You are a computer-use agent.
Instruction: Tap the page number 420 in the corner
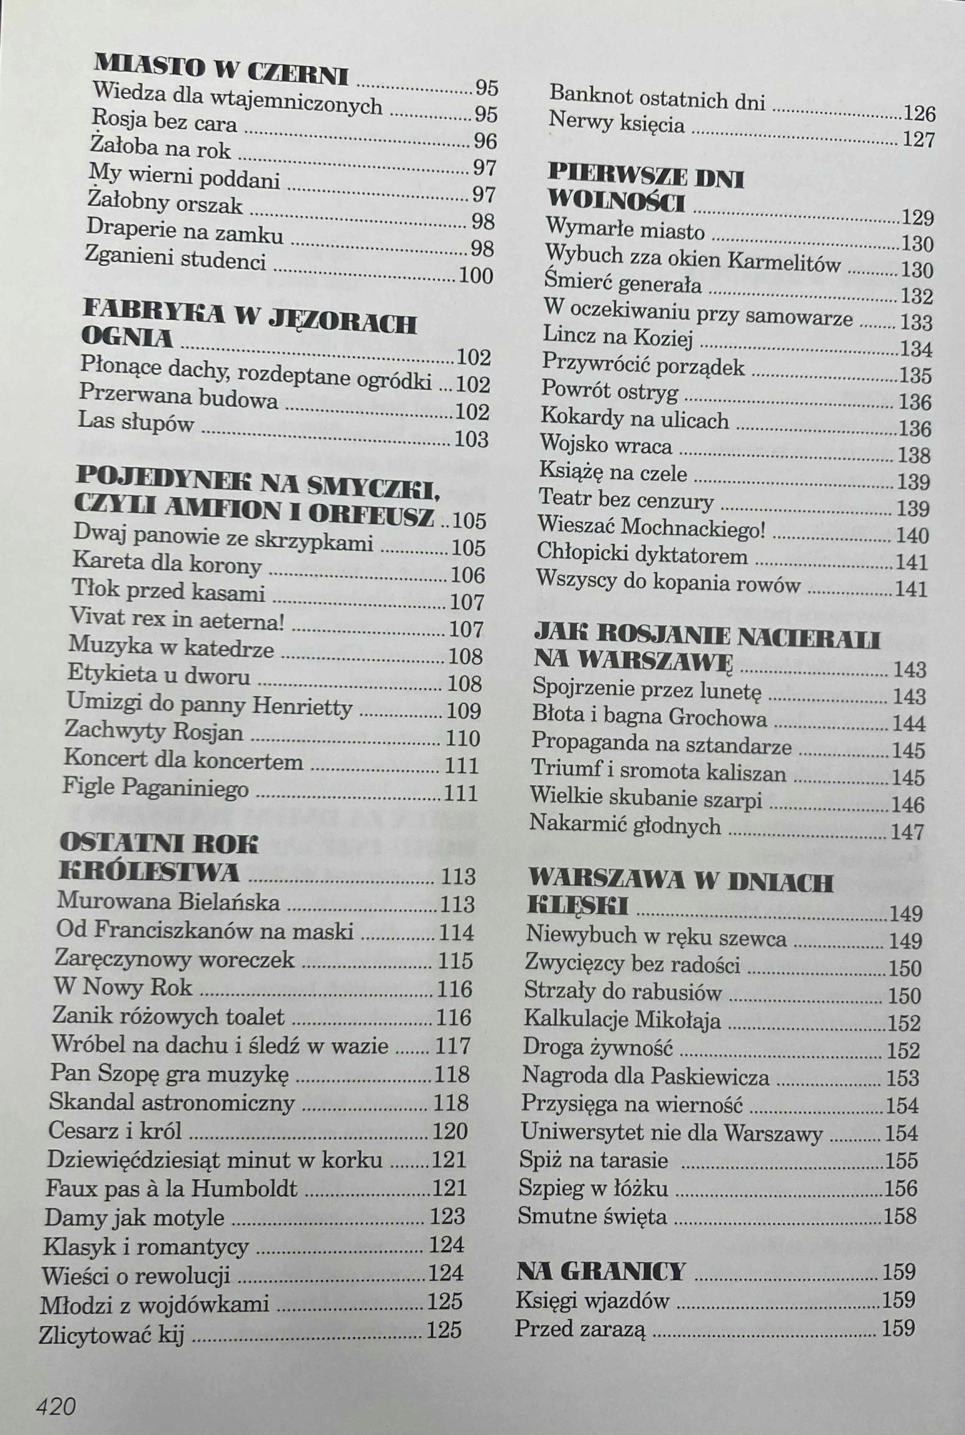tap(56, 1388)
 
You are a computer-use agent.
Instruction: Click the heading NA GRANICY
tap(601, 1270)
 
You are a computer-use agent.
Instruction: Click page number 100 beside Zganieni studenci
tap(475, 275)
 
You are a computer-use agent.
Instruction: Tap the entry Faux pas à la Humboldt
tap(172, 1188)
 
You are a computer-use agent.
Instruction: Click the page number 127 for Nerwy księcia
tap(919, 140)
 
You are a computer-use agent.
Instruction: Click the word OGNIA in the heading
tap(127, 338)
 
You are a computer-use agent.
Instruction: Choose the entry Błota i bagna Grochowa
tap(649, 717)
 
